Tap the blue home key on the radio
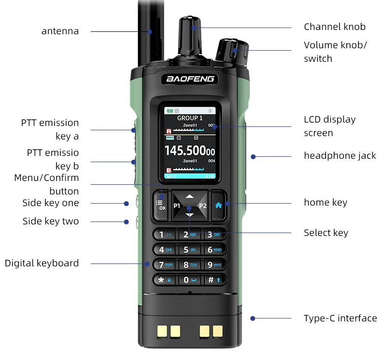point(218,205)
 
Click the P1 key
point(177,206)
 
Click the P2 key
point(203,206)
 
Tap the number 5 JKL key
point(190,249)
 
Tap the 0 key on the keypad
point(190,279)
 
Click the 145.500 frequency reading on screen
point(190,151)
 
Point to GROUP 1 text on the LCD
point(190,118)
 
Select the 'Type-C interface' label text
point(340,318)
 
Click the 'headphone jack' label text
point(340,155)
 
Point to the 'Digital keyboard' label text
point(41,263)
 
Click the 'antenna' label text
point(60,31)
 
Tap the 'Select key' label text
point(326,233)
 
